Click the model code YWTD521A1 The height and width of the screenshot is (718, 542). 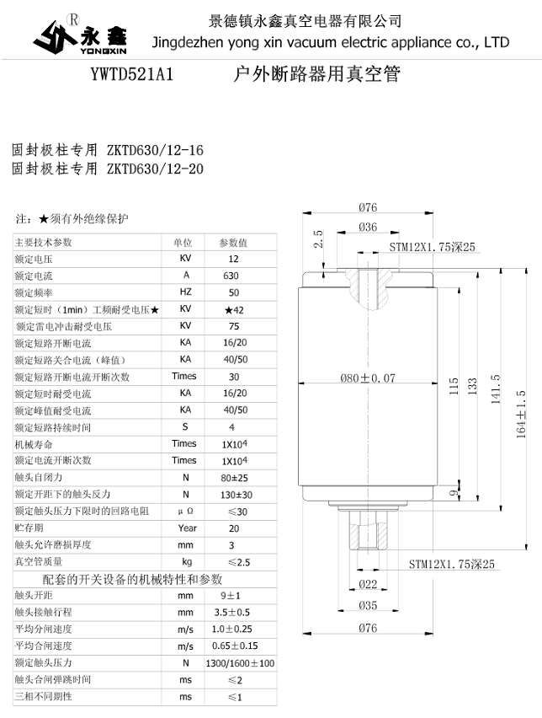point(131,75)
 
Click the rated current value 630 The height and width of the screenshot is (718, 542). point(231,276)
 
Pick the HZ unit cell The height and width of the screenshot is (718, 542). point(185,292)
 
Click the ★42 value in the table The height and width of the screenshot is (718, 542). point(233,309)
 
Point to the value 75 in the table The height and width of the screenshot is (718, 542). point(233,326)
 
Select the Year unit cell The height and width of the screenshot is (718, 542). point(186,528)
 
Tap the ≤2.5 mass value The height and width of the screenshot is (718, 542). point(236,562)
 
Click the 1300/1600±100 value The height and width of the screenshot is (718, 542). point(240,663)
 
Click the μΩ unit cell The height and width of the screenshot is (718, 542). point(185,512)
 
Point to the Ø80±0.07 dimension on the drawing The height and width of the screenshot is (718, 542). point(368,378)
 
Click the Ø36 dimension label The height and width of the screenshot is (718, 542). point(368,227)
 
